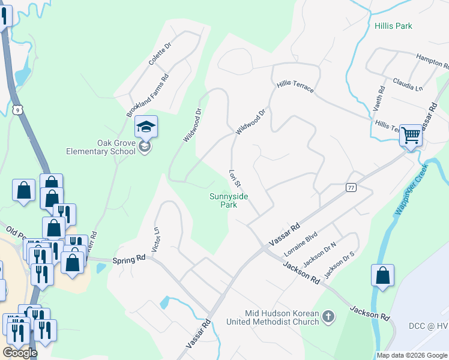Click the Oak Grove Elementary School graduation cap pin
click(x=146, y=127)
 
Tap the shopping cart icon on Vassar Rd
click(x=411, y=135)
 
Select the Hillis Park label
click(x=393, y=26)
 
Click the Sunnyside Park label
click(x=228, y=200)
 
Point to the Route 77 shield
click(x=351, y=188)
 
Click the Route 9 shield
click(x=20, y=108)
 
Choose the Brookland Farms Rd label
click(x=147, y=95)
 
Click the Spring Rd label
click(x=129, y=260)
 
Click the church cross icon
click(x=328, y=316)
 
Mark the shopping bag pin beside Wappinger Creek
click(x=382, y=276)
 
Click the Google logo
click(x=20, y=353)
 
